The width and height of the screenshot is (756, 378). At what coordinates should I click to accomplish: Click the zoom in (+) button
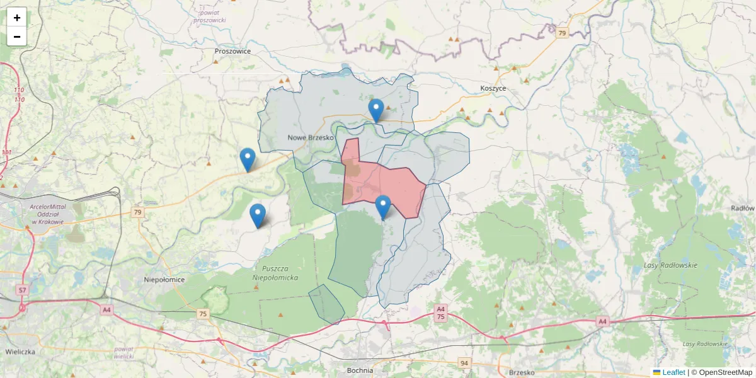[x=17, y=18]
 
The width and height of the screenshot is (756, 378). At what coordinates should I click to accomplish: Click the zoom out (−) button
[x=17, y=37]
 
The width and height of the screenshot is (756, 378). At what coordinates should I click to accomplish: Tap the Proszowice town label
[x=232, y=51]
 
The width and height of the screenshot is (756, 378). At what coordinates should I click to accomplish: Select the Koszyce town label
[x=493, y=88]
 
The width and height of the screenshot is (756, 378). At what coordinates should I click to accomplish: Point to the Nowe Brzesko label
[x=309, y=137]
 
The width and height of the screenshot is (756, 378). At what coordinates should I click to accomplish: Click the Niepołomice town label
[x=164, y=278]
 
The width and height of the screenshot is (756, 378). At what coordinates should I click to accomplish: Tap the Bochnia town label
[x=360, y=370]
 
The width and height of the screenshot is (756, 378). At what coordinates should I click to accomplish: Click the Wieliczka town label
[x=20, y=352]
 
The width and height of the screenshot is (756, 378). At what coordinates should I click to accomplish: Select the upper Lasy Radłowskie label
[x=670, y=265]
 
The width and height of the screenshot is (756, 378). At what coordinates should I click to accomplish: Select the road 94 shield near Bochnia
[x=464, y=363]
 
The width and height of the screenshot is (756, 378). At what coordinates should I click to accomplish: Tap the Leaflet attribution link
[x=673, y=372]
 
